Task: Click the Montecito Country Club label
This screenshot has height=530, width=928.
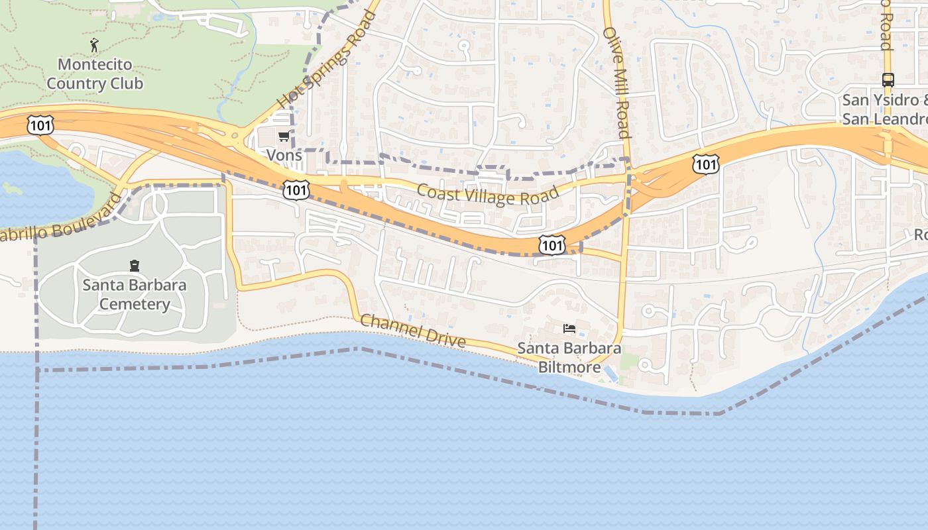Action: (x=95, y=74)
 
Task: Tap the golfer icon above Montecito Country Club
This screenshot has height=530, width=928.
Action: (x=95, y=45)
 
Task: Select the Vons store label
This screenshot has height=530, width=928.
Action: (x=284, y=155)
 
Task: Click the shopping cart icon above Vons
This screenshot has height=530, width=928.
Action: (x=284, y=136)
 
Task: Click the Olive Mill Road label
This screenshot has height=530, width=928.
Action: (x=616, y=83)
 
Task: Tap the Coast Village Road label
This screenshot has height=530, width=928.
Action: (x=488, y=193)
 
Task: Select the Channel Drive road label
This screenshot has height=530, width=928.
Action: (x=413, y=331)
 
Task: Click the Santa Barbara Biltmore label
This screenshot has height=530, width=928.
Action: (x=569, y=357)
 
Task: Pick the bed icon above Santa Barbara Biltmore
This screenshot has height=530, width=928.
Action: (x=569, y=329)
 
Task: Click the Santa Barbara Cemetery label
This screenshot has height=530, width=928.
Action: (x=135, y=295)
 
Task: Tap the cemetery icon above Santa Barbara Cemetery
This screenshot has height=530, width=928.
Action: (x=135, y=266)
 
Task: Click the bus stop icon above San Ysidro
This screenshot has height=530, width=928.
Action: (x=888, y=80)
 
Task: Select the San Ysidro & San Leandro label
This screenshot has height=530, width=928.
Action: (x=885, y=110)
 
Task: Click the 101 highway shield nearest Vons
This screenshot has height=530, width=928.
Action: (x=295, y=190)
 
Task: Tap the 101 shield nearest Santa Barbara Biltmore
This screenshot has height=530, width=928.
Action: (x=551, y=246)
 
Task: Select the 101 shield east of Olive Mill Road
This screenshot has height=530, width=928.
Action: (x=706, y=164)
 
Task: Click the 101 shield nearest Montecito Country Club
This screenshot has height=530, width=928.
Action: (x=40, y=125)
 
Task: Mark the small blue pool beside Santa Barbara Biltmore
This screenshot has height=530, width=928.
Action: (x=610, y=374)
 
